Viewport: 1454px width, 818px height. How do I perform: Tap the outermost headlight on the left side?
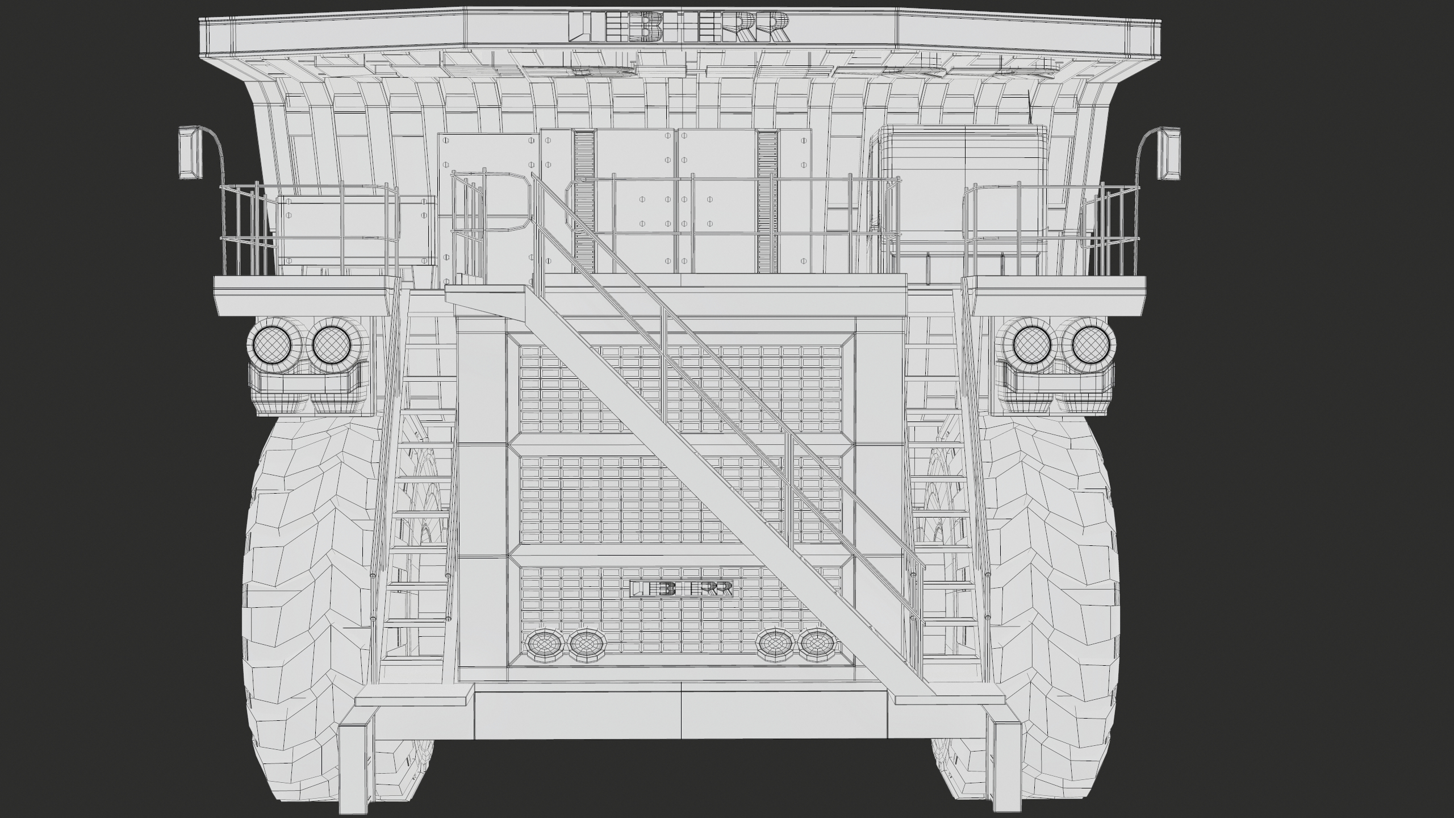point(271,345)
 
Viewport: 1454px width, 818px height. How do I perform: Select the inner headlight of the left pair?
point(331,345)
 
